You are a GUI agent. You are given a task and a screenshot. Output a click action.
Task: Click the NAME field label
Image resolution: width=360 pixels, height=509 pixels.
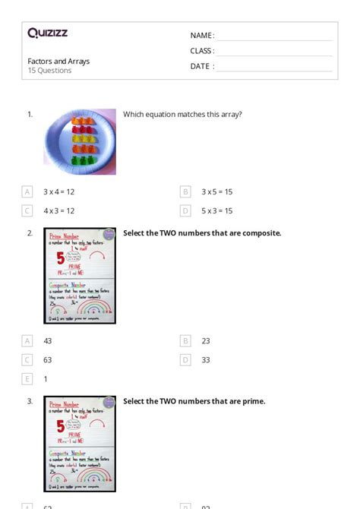[201, 36]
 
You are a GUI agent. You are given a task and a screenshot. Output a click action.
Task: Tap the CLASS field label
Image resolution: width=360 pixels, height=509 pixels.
[202, 51]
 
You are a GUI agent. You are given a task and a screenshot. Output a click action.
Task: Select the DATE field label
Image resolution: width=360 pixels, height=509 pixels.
[201, 66]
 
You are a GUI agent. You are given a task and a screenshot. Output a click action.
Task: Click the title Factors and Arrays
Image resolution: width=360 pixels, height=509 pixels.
[58, 61]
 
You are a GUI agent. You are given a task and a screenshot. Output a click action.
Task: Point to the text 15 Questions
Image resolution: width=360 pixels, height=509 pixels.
[49, 71]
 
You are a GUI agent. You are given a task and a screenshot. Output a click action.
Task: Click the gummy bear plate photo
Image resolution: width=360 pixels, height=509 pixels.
[80, 141]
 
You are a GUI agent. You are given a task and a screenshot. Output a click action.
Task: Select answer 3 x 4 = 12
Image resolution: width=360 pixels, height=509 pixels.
[58, 192]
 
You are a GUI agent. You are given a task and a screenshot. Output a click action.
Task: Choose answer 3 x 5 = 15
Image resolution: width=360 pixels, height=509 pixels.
[217, 192]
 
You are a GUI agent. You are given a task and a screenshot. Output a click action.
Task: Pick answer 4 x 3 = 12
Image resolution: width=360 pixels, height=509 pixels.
[58, 211]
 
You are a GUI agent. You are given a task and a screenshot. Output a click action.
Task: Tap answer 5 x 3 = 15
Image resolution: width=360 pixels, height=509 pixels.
[217, 211]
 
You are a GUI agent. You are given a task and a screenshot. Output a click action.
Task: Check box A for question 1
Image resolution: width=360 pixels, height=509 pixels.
[27, 192]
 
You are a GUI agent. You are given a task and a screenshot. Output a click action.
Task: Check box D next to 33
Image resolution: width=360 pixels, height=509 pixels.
[185, 360]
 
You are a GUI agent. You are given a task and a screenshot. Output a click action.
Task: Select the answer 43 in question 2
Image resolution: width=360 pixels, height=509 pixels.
[48, 341]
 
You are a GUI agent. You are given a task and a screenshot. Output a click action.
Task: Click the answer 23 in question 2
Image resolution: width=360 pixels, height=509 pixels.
[206, 341]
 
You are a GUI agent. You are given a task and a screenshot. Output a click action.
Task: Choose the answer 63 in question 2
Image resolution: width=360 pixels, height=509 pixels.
[48, 360]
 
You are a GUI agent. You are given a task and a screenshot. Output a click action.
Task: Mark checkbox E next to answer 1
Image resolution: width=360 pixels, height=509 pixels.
[27, 379]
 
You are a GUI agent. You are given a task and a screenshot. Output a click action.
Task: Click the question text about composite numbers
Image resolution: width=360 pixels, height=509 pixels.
[202, 233]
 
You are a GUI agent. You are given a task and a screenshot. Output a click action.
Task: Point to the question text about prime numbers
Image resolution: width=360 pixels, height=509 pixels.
[194, 401]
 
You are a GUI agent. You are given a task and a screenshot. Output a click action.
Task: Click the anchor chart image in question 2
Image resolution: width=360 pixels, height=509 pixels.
[80, 276]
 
